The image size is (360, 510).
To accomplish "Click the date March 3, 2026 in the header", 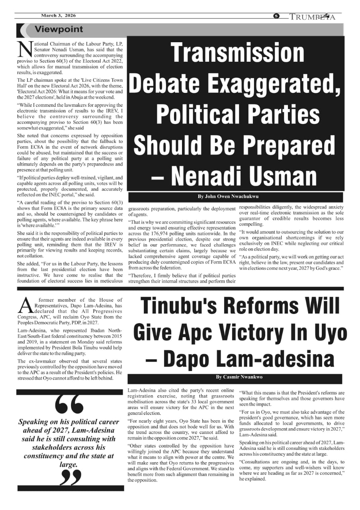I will point(58,16).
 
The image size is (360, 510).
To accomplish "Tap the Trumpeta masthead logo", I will point(312,17).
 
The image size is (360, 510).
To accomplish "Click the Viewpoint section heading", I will point(59,29).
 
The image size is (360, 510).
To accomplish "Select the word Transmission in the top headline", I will point(237,52).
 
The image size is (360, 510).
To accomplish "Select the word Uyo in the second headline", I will point(328,332).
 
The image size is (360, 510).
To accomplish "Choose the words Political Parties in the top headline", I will point(238,114).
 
